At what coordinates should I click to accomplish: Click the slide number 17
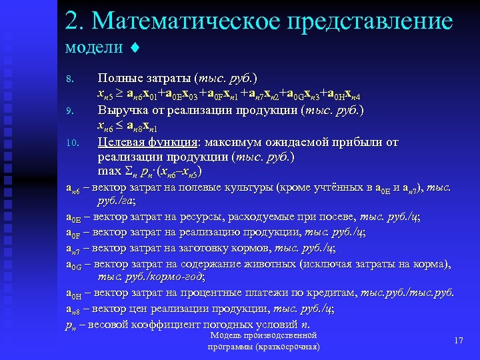pos(458,341)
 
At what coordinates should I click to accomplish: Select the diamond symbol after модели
pos(135,48)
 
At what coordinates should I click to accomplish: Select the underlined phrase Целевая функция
pos(146,142)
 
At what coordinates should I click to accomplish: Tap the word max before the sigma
pos(109,171)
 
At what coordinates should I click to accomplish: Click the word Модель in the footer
pos(224,335)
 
